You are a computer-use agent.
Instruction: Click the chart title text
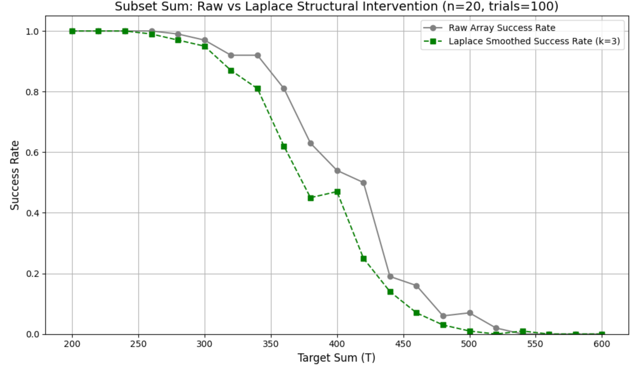click(337, 7)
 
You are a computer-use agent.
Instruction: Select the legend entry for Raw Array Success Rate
click(502, 28)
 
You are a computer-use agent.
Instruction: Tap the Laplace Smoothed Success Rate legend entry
click(534, 41)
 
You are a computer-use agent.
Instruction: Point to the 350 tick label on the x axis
click(271, 344)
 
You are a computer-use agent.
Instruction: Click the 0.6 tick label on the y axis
click(32, 153)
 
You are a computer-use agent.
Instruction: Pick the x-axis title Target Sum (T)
click(337, 358)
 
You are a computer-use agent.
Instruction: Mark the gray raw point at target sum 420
click(363, 183)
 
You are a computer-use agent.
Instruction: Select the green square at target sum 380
click(311, 198)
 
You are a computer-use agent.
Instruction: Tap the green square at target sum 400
click(337, 192)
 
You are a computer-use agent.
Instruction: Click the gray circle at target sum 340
click(258, 55)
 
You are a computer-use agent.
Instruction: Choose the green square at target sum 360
click(284, 147)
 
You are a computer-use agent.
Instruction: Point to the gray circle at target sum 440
click(390, 277)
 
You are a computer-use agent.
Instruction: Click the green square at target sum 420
click(364, 259)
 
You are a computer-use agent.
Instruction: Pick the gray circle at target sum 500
click(470, 313)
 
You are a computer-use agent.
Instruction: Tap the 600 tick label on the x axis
click(602, 344)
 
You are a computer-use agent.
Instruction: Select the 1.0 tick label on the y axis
click(32, 32)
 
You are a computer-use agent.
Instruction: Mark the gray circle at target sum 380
click(311, 143)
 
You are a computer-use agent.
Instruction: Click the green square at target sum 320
click(231, 71)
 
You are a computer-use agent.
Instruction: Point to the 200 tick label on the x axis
click(72, 344)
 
